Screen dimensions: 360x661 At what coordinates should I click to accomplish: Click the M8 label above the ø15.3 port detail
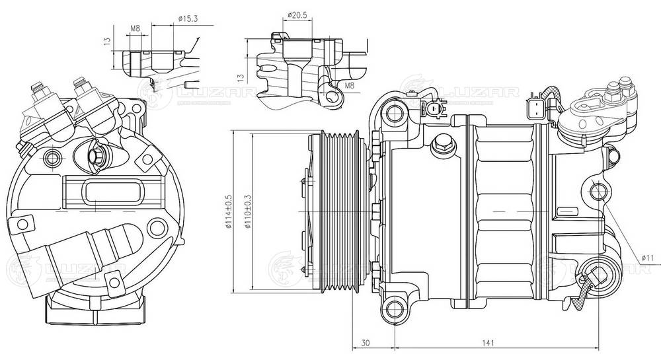(135, 28)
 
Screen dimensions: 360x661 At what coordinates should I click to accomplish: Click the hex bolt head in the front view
(97, 157)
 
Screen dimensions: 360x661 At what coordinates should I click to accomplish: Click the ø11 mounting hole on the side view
(600, 194)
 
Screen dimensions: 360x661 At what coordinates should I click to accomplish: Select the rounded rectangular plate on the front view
(109, 192)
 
